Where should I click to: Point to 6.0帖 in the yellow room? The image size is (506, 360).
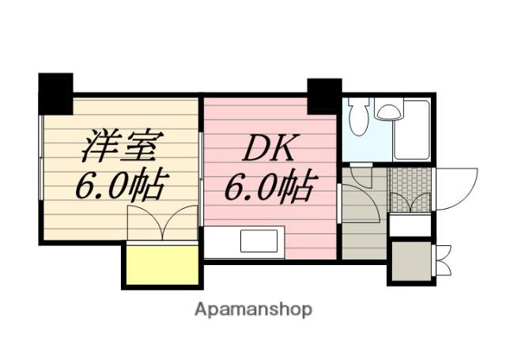(119, 186)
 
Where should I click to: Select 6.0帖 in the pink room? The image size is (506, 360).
(269, 188)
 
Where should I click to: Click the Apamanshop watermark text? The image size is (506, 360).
(253, 309)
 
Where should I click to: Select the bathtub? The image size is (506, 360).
(413, 130)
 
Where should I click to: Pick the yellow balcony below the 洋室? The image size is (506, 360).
(161, 265)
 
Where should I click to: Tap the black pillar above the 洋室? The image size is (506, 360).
(55, 93)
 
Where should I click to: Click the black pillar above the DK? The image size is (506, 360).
(323, 96)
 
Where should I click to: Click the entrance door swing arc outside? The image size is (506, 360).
(456, 188)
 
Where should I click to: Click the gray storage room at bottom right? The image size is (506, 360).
(410, 261)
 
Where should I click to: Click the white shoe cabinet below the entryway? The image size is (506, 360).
(410, 225)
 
